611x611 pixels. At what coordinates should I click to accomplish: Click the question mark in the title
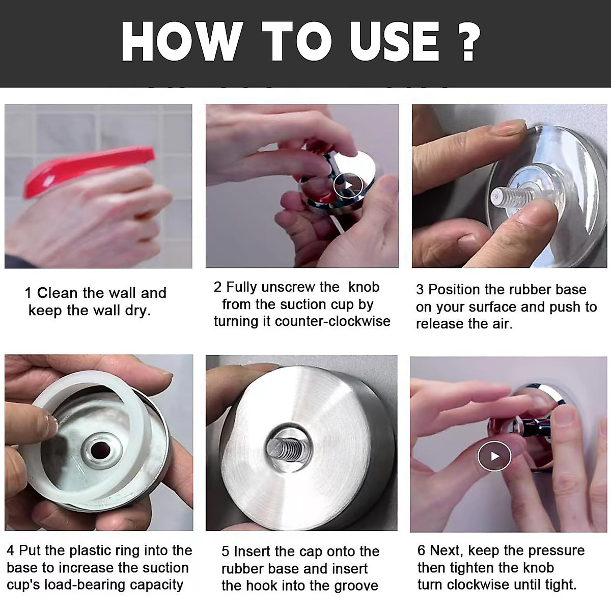coord(465,41)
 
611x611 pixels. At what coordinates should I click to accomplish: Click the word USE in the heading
coord(395,42)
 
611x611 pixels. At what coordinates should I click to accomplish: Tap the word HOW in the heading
coord(181,42)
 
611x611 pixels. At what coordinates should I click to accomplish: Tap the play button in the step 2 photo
coord(348,185)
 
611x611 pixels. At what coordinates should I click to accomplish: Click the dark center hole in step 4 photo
coord(101,450)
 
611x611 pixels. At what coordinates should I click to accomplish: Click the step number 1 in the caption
coord(28,293)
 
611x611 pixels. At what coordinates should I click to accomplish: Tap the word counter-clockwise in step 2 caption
coord(332,321)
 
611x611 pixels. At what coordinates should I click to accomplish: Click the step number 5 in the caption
coord(225,552)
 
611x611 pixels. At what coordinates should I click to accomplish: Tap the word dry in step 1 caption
coord(138,311)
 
